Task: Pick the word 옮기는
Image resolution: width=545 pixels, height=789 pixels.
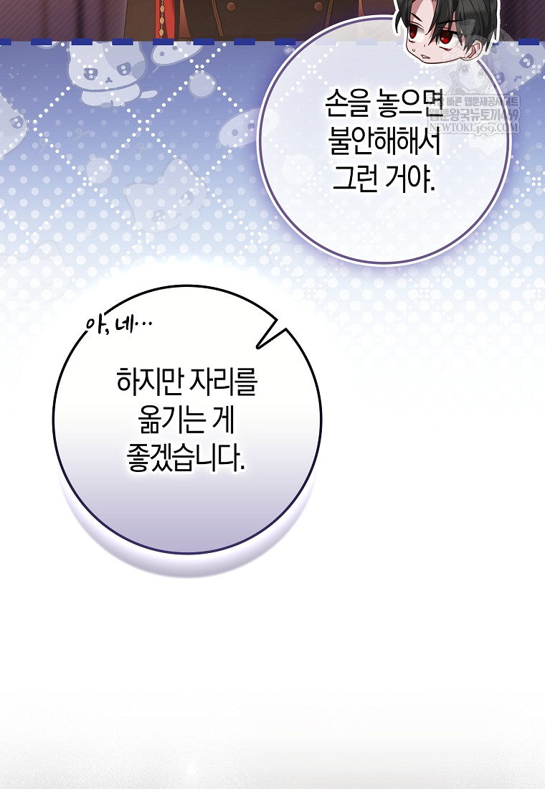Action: pos(164,422)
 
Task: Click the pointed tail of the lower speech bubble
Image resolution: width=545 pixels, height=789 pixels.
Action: pos(267,338)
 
